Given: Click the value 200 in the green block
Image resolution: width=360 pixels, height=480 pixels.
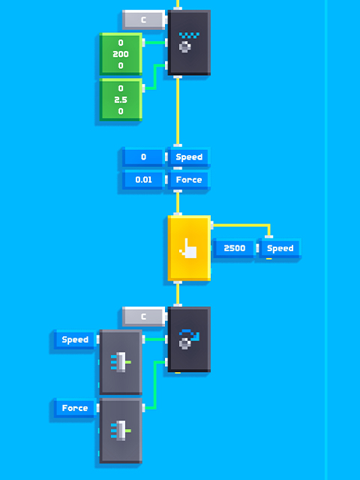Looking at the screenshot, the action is click(121, 54).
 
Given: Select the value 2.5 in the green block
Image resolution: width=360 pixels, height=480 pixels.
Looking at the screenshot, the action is click(121, 100).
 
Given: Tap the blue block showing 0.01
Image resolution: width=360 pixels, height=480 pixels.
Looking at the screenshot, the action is click(143, 180).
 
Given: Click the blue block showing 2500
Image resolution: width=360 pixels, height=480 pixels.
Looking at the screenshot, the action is click(235, 248).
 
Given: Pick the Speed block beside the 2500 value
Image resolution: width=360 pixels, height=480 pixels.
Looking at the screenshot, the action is click(280, 248).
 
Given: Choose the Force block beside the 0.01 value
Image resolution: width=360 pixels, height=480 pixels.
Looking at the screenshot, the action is click(189, 180).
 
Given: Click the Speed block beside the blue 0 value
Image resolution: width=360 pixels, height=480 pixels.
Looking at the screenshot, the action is click(189, 157).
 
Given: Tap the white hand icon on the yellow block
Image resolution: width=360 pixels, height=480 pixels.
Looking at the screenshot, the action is click(188, 248).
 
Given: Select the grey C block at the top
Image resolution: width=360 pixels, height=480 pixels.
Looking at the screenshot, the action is click(143, 20).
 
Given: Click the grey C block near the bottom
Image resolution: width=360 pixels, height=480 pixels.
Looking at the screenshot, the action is click(143, 316).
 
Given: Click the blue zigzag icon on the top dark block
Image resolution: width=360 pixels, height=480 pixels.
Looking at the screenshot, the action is click(189, 35).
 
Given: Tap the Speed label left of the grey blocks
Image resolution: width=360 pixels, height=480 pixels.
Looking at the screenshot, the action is click(75, 340).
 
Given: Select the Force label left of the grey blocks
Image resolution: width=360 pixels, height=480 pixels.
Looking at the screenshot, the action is click(75, 408).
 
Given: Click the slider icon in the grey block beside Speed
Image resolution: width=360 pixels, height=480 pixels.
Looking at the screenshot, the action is click(121, 362).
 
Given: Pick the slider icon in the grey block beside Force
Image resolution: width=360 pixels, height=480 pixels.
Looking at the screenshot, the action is click(121, 430).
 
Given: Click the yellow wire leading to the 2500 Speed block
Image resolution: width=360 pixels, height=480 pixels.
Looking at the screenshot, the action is click(241, 225).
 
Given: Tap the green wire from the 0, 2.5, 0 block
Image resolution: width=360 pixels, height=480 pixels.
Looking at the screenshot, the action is click(155, 76).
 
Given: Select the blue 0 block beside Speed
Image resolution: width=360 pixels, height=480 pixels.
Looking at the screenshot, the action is click(143, 157).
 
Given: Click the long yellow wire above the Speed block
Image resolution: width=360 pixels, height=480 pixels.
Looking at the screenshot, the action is click(178, 111).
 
